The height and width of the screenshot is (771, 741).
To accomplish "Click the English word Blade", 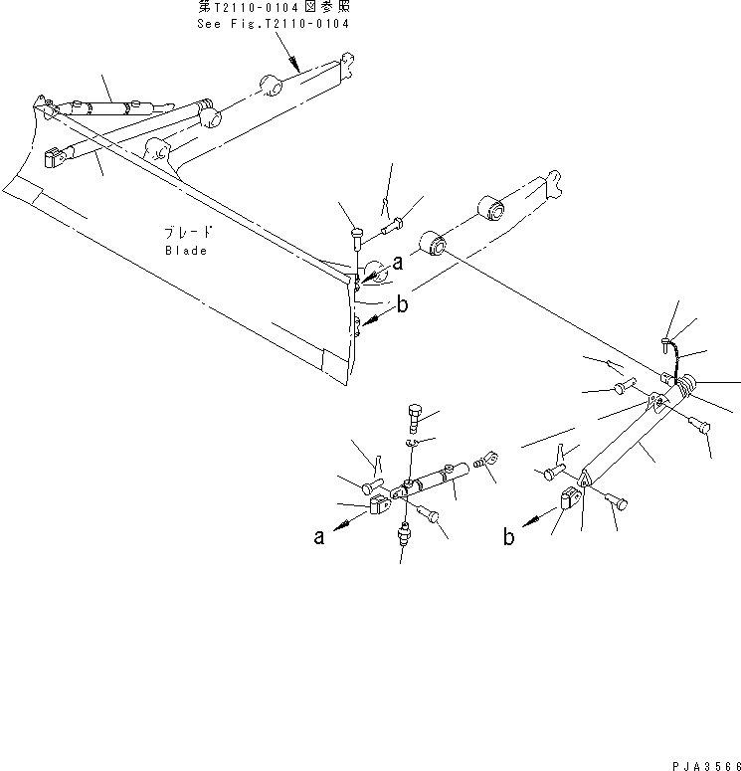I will point(186,251).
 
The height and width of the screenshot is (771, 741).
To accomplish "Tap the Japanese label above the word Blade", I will point(186,232).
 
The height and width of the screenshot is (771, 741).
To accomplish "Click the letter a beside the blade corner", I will point(397,263).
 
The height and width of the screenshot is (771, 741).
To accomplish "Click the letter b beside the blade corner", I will point(403,305).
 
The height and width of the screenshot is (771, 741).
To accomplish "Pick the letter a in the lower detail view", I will point(318,537).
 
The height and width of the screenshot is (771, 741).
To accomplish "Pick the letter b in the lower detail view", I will point(508,537).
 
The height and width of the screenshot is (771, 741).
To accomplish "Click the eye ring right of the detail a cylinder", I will point(485,460).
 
